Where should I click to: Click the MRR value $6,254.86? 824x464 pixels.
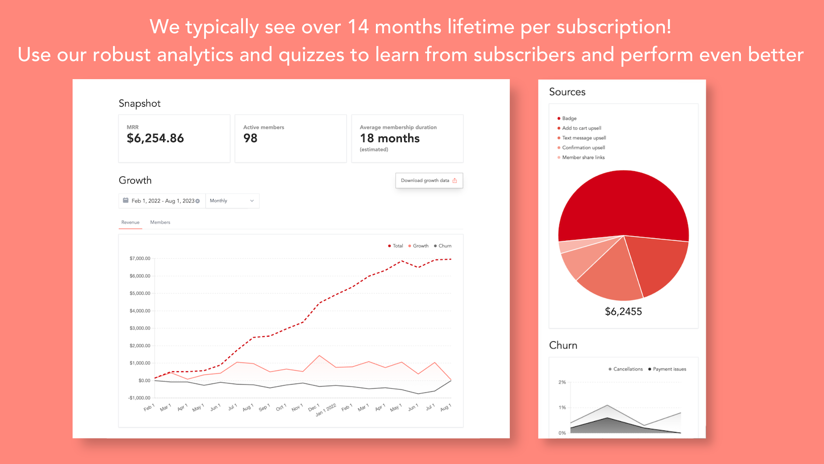coord(155,138)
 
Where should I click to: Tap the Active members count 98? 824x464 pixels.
coord(250,138)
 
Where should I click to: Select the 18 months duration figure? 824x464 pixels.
coord(390,138)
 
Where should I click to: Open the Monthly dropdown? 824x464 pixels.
coord(232,201)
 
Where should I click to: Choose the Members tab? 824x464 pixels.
coord(160,222)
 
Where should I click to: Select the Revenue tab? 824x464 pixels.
coord(130,222)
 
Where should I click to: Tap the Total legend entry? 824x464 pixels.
coord(396,246)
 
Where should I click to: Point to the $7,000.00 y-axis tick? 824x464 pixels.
coord(140,258)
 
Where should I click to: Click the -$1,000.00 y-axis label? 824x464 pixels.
coord(139,398)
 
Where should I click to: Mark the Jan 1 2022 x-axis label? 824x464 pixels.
coord(326,410)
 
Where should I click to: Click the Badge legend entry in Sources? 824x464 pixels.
coord(569,119)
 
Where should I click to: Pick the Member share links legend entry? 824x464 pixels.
coord(583,158)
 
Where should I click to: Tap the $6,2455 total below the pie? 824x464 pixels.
coord(623,311)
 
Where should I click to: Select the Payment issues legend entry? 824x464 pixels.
coord(669,369)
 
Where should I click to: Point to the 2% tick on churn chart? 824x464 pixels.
coord(562,382)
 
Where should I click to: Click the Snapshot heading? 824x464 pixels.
coord(140,103)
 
